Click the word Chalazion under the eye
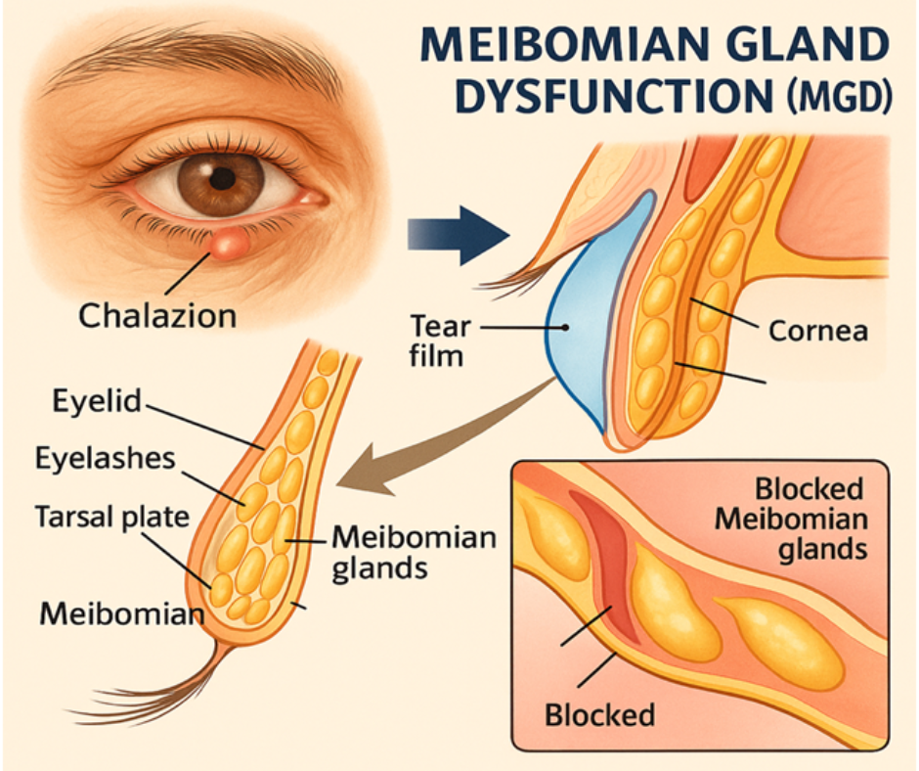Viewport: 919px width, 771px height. pyautogui.click(x=156, y=315)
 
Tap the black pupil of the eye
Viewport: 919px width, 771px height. pyautogui.click(x=224, y=178)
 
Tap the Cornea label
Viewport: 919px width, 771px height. pyautogui.click(x=817, y=330)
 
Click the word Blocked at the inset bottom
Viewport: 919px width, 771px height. pyautogui.click(x=599, y=714)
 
